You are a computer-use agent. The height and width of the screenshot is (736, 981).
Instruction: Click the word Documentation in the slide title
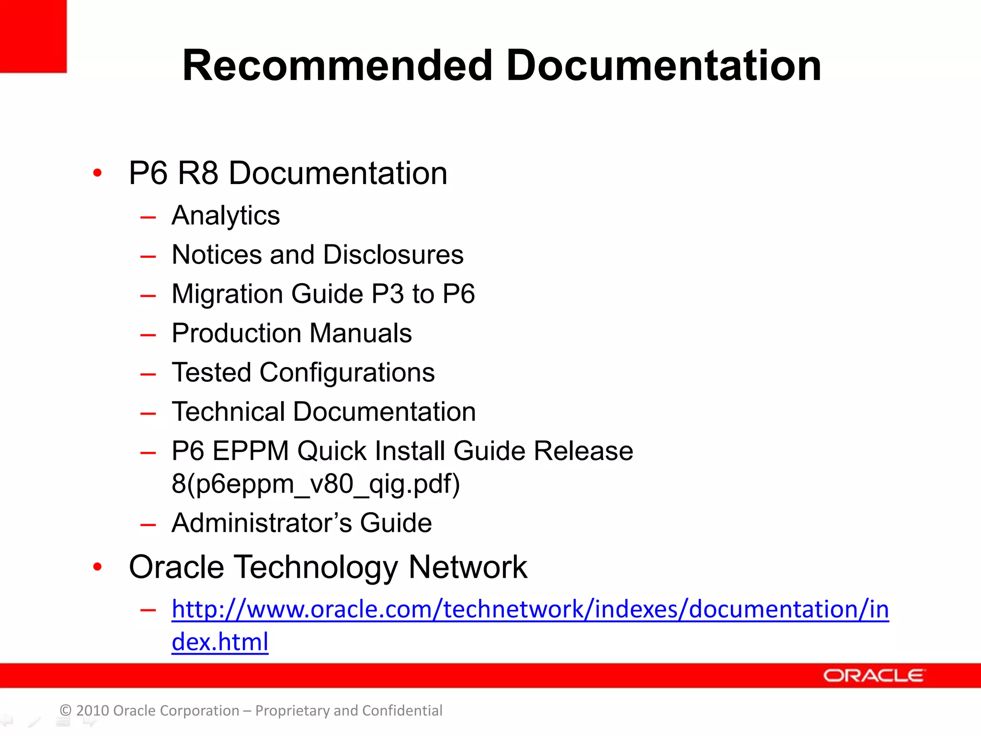click(x=663, y=66)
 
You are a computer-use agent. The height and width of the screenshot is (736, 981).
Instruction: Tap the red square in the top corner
click(x=33, y=36)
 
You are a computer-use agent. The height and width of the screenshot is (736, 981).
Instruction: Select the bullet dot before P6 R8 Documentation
click(x=98, y=173)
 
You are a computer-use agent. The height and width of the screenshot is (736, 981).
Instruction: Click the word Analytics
click(x=226, y=216)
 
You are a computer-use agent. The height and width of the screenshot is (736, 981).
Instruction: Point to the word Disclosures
click(x=393, y=254)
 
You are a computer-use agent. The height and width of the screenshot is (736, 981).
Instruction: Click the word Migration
click(x=227, y=294)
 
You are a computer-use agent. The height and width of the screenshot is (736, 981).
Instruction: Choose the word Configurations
click(x=347, y=372)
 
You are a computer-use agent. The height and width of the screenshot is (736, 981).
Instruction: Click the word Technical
click(x=228, y=412)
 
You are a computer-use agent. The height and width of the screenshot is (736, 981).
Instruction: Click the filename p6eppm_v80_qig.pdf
click(x=322, y=484)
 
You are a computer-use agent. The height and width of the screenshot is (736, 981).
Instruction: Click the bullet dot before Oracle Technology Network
click(x=98, y=567)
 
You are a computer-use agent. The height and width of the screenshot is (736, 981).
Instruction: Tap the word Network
click(x=468, y=567)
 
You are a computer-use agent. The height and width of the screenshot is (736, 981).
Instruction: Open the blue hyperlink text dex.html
click(x=220, y=642)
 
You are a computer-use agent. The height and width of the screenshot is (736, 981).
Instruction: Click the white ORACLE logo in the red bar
click(x=874, y=676)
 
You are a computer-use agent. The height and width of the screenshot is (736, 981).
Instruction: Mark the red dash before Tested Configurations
click(x=148, y=373)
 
